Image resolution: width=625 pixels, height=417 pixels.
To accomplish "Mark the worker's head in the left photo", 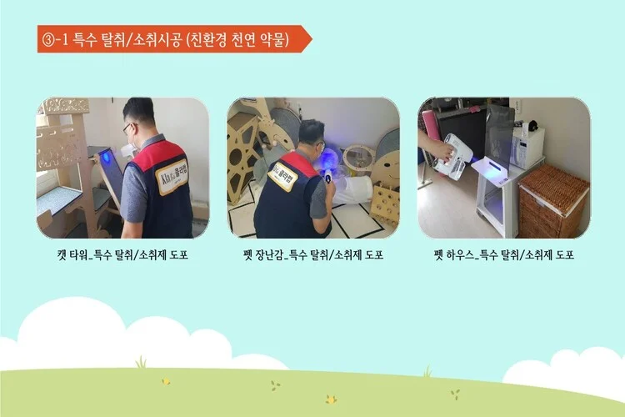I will tap(138, 117).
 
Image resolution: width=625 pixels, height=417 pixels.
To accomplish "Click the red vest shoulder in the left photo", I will tap(159, 148).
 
